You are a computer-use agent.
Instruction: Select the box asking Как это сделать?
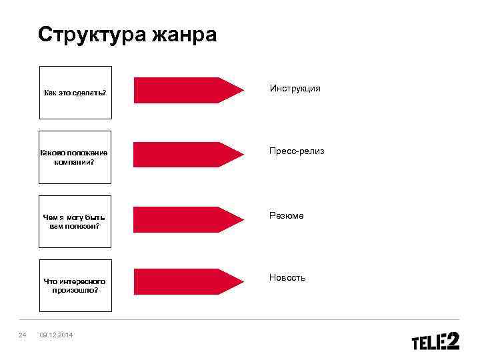click(x=75, y=92)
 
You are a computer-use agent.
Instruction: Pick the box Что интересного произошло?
click(x=75, y=285)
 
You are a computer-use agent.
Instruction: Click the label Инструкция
click(x=295, y=88)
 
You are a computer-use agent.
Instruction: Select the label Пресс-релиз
click(x=297, y=151)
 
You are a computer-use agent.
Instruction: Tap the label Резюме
click(x=287, y=215)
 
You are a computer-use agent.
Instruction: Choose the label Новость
click(x=287, y=277)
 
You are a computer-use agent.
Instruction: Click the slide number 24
click(x=22, y=334)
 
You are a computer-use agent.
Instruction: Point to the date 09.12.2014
click(x=56, y=334)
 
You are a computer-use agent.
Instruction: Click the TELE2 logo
click(x=435, y=341)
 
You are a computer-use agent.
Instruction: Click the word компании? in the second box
click(x=75, y=161)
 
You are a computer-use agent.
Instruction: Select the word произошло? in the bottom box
click(x=75, y=291)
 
